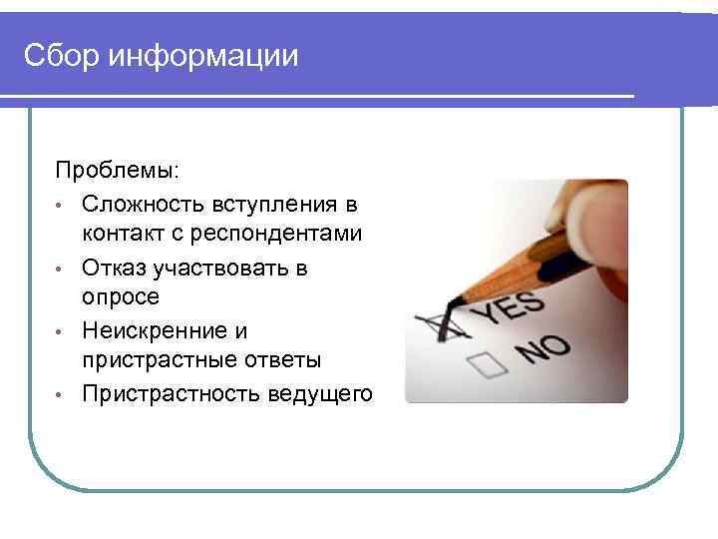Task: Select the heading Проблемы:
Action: (x=118, y=173)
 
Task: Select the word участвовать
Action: (x=222, y=268)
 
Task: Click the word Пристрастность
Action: (x=172, y=393)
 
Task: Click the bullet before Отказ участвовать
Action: (x=62, y=269)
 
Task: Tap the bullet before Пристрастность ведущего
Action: (x=62, y=395)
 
